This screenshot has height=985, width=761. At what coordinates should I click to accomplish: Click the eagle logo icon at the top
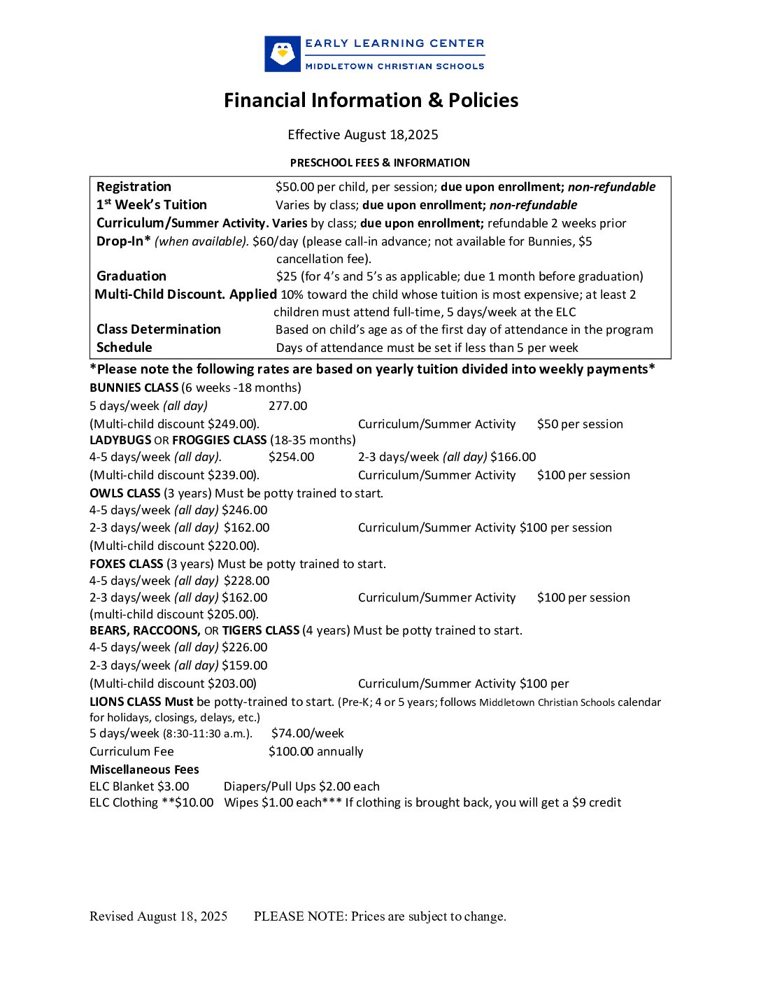pyautogui.click(x=283, y=54)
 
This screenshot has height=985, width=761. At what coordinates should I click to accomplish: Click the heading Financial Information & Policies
pyautogui.click(x=371, y=101)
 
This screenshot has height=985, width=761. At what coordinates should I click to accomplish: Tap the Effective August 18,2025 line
pyautogui.click(x=362, y=135)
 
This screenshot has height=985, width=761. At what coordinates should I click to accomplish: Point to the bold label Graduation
pyautogui.click(x=131, y=276)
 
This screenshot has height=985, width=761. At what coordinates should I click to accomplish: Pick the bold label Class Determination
pyautogui.click(x=159, y=329)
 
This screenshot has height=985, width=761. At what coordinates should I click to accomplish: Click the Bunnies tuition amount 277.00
pyautogui.click(x=287, y=406)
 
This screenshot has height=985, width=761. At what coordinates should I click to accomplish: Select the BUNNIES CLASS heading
pyautogui.click(x=134, y=388)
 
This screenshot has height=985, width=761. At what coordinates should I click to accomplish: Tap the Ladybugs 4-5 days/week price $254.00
pyautogui.click(x=291, y=457)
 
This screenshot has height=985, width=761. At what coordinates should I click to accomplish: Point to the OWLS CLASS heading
pyautogui.click(x=125, y=493)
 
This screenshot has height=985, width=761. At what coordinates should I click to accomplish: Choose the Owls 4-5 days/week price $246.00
pyautogui.click(x=244, y=510)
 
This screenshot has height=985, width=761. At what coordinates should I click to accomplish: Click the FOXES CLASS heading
pyautogui.click(x=127, y=564)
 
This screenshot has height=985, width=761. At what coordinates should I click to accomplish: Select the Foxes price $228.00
pyautogui.click(x=246, y=581)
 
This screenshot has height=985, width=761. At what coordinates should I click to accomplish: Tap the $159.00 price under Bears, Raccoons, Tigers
pyautogui.click(x=244, y=665)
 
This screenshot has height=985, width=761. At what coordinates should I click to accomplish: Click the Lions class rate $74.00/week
pyautogui.click(x=307, y=733)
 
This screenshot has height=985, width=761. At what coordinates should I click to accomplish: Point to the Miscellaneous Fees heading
pyautogui.click(x=144, y=770)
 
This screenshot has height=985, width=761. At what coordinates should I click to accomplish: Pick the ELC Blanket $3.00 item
pyautogui.click(x=139, y=786)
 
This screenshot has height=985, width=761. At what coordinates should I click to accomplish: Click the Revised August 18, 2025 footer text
pyautogui.click(x=158, y=916)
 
